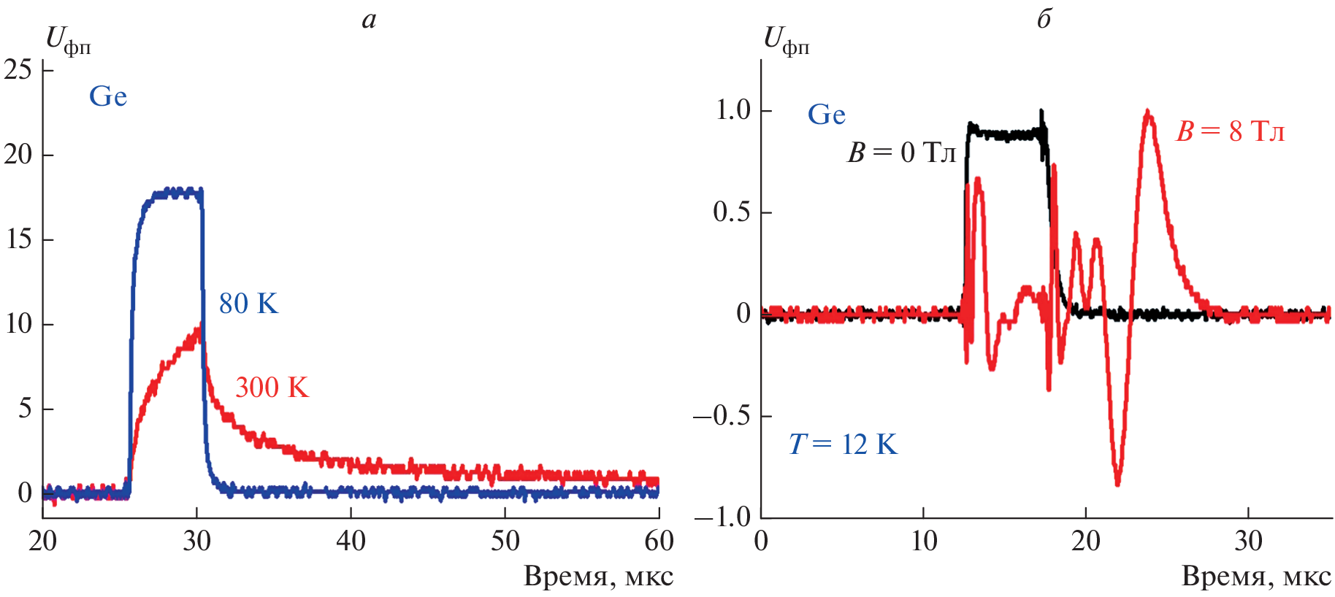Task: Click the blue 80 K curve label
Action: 248,304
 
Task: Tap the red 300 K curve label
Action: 272,387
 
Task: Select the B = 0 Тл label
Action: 901,153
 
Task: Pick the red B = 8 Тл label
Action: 1230,131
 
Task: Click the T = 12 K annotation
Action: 843,444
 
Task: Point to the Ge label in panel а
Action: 107,96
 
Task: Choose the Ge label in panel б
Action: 826,115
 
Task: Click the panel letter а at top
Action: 369,20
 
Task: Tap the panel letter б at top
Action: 1044,18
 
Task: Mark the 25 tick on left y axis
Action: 18,70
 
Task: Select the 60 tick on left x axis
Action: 659,542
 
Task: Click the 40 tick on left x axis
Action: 351,542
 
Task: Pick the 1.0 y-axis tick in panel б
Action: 733,110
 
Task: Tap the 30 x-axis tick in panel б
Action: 1248,542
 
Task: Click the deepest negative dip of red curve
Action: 1117,482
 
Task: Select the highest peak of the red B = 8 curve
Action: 1148,112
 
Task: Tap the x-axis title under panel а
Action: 598,577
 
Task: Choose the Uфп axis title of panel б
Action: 786,41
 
